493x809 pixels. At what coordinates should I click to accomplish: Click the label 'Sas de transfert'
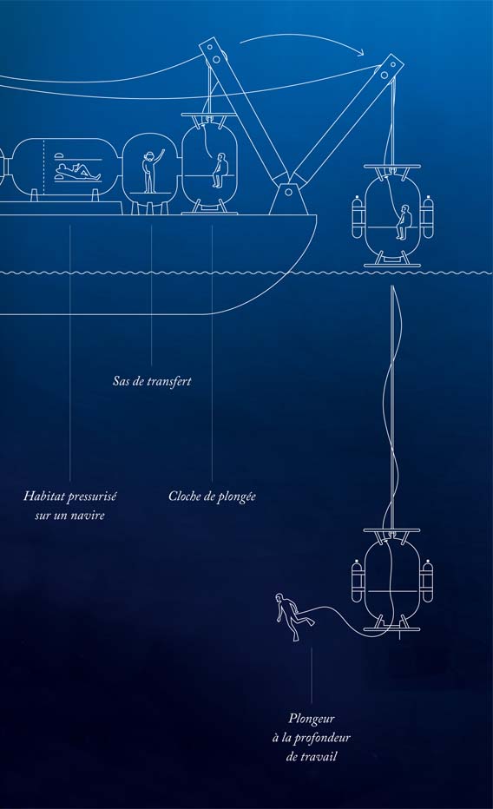coord(152,381)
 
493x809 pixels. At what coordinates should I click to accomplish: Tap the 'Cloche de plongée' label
coord(212,497)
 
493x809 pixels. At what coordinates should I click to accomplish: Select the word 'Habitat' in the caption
coord(43,497)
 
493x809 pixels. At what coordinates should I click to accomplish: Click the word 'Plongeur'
coord(312,719)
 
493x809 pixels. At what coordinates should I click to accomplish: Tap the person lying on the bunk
coord(77,171)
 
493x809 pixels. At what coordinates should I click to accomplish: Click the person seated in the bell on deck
coord(220,170)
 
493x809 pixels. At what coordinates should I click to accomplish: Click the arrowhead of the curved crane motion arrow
coord(360,51)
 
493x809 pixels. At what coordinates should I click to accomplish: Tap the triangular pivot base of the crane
coord(289,198)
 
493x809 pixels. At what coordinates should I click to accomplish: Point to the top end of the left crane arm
coord(212,48)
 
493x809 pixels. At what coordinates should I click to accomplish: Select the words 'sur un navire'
coord(70,516)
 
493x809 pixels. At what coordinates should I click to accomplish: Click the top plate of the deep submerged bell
coord(392,529)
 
